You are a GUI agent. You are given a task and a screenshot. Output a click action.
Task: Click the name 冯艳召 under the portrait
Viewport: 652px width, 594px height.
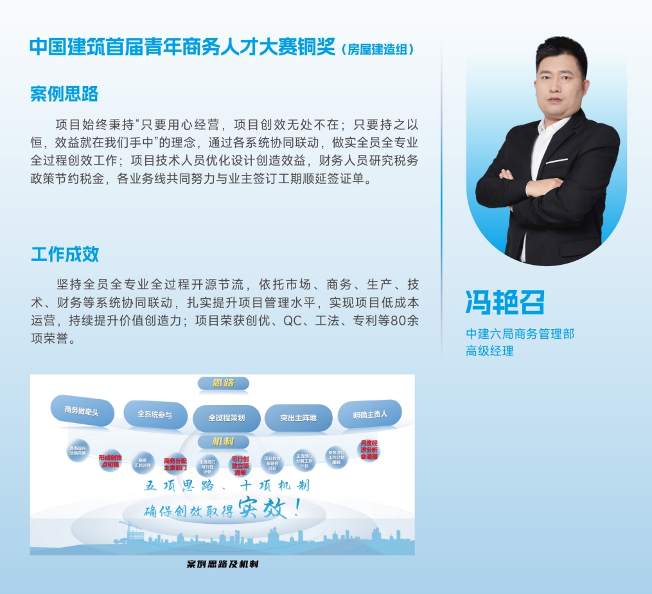click(505, 302)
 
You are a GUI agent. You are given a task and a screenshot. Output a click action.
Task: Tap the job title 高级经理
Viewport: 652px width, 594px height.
click(489, 351)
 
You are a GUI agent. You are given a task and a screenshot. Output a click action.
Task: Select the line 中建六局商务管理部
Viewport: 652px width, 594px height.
click(520, 334)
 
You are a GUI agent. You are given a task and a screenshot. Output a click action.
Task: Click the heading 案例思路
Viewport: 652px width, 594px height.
click(64, 94)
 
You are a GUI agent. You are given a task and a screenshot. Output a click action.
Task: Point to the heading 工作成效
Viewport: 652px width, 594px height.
click(65, 254)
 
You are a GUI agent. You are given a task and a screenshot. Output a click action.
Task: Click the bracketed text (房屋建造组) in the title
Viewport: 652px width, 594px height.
click(377, 49)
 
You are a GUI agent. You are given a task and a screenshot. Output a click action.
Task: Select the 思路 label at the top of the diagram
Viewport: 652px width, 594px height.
click(223, 383)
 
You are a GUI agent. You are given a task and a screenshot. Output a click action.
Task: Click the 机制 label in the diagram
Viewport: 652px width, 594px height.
click(223, 442)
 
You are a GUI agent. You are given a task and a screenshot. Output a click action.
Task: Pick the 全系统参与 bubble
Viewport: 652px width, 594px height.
click(155, 415)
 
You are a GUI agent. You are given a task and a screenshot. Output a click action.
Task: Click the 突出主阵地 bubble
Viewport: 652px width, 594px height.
click(298, 418)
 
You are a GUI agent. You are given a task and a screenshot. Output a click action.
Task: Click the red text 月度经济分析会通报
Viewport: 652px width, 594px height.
click(369, 449)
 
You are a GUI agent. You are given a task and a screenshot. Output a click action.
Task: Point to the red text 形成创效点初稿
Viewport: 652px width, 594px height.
click(109, 460)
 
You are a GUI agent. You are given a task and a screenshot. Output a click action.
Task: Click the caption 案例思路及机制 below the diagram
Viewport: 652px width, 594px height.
click(222, 564)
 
